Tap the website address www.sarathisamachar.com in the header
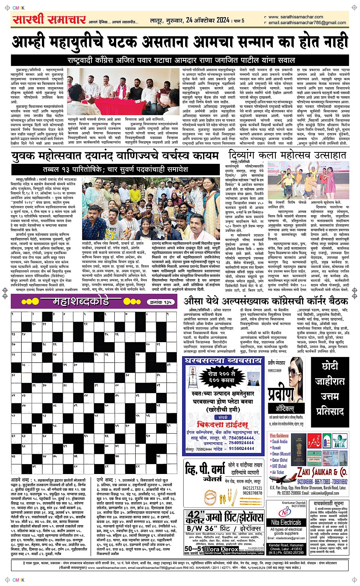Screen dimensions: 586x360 click(296, 17)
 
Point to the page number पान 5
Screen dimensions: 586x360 click(239, 21)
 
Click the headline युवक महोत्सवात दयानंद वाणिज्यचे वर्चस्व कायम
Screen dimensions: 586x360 click(115, 156)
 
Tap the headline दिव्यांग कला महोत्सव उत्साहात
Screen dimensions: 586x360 click(288, 155)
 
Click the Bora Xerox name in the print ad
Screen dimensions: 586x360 click(221, 549)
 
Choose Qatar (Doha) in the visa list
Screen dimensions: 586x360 click(278, 460)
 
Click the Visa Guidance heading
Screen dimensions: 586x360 click(279, 435)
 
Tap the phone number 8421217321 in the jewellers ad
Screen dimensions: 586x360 click(252, 488)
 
